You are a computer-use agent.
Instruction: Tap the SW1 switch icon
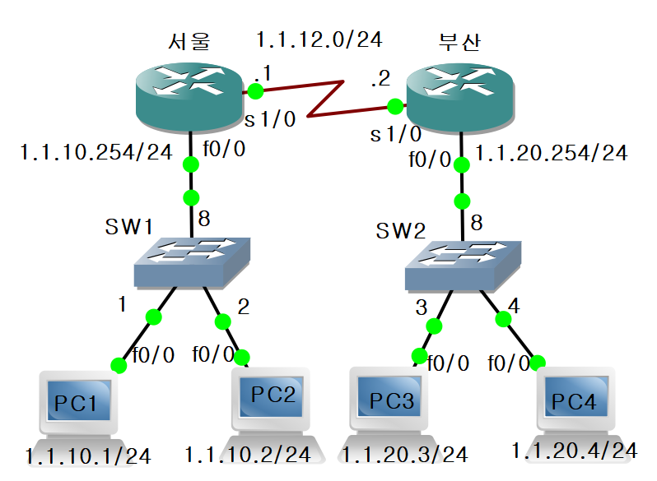pos(193,261)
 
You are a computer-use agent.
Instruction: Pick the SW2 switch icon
pos(463,265)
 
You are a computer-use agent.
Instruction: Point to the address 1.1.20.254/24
pos(551,153)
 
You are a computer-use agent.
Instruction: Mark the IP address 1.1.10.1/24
pos(88,455)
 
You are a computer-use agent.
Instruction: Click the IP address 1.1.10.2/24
pos(247,454)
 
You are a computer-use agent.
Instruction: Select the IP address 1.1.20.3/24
pos(404,454)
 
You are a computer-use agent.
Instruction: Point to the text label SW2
pos(401,231)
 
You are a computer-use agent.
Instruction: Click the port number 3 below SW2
pos(422,308)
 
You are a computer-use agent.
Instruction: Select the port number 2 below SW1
pos(243,307)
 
